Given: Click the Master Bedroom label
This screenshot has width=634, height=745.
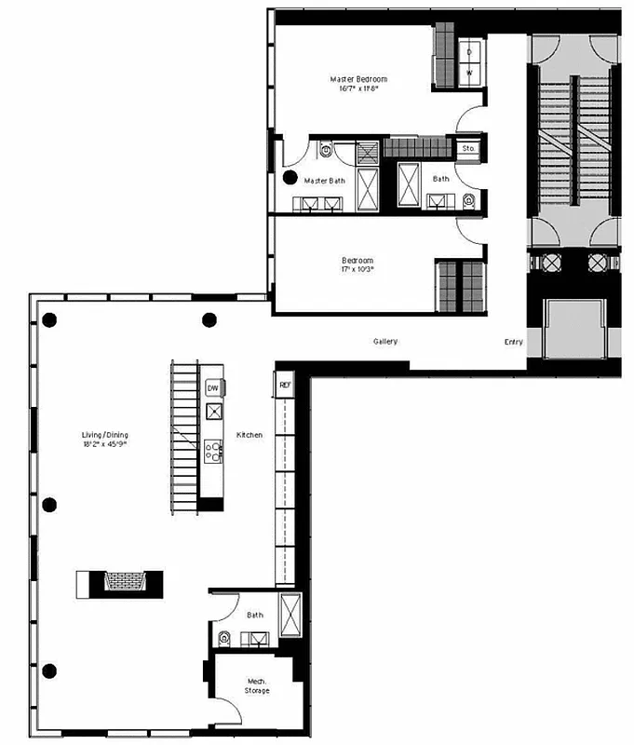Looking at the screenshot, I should (x=358, y=79).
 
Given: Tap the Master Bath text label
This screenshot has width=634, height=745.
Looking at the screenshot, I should (x=325, y=180).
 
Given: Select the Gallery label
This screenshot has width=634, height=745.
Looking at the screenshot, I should (x=385, y=342).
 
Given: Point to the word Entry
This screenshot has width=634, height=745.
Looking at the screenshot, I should (x=513, y=342).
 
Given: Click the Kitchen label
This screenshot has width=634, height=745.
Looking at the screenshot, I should (x=250, y=435).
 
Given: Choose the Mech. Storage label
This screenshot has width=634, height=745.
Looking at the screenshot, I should (x=257, y=685).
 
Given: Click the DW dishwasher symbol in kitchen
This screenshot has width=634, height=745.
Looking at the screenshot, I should (x=213, y=387).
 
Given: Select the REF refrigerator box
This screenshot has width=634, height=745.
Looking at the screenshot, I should (x=283, y=383).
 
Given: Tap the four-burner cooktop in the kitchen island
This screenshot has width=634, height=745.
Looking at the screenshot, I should (x=213, y=452).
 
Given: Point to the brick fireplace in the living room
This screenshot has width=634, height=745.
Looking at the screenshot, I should (x=120, y=582).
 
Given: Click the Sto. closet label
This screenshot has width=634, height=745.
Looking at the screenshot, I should (x=468, y=148).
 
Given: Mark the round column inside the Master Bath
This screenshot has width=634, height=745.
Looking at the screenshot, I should (x=290, y=177).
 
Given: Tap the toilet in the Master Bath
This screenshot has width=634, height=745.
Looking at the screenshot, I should (x=326, y=149).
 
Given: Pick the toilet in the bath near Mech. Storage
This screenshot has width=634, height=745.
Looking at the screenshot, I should (x=224, y=638).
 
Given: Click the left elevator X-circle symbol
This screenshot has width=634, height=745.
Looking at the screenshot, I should (x=553, y=263).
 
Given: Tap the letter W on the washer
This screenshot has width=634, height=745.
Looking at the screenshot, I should (x=469, y=72).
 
